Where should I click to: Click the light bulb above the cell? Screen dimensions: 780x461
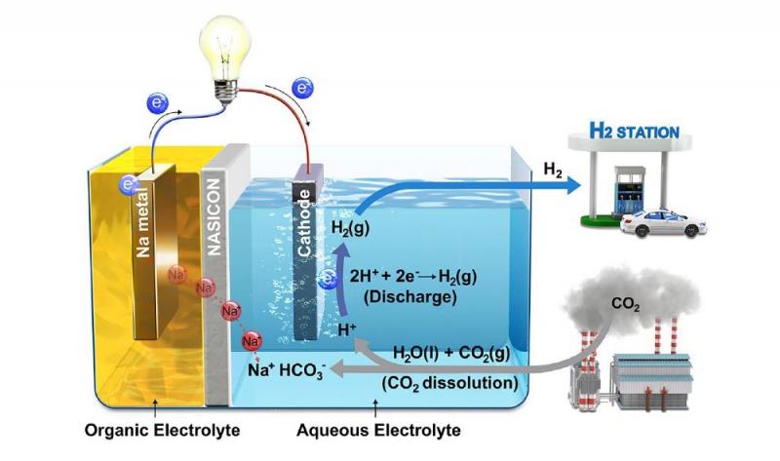[225, 58]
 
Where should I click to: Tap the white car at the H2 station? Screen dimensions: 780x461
[663, 224]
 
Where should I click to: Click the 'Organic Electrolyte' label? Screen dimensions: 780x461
[162, 430]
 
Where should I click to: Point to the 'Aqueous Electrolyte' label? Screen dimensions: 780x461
[378, 430]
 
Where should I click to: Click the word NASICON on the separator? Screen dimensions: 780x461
[214, 216]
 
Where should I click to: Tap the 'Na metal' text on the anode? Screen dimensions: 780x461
[143, 222]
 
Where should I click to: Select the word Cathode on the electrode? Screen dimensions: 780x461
[304, 223]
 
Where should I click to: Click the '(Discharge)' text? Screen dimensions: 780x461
[410, 297]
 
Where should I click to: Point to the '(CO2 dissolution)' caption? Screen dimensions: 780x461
[450, 383]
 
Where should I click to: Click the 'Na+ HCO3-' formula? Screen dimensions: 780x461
[287, 371]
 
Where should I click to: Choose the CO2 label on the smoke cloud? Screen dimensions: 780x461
[625, 304]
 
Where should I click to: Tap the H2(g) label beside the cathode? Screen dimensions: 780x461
[350, 229]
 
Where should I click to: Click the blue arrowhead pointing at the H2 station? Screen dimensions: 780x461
[571, 185]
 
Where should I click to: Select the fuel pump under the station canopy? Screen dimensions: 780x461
[629, 190]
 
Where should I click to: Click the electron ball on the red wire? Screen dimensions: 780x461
[302, 88]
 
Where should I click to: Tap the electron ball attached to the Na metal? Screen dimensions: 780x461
[129, 185]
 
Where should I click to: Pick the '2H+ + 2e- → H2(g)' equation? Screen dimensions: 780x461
[412, 276]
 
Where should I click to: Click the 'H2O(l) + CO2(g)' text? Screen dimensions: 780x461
[451, 353]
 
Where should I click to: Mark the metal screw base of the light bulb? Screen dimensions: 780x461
[226, 93]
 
